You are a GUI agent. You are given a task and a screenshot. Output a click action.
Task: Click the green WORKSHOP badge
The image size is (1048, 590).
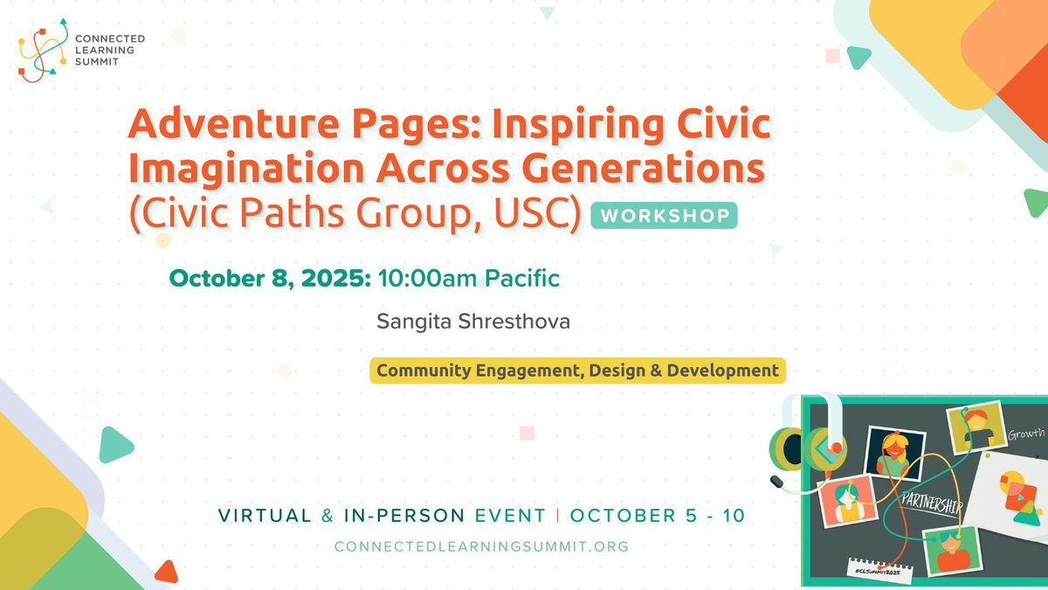tap(664, 215)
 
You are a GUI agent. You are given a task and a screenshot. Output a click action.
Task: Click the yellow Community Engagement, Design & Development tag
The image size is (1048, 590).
tap(577, 371)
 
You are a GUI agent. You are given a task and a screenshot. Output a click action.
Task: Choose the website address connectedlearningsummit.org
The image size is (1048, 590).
tap(482, 545)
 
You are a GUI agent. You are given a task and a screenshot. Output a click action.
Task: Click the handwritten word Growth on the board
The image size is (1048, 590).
tap(1025, 434)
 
